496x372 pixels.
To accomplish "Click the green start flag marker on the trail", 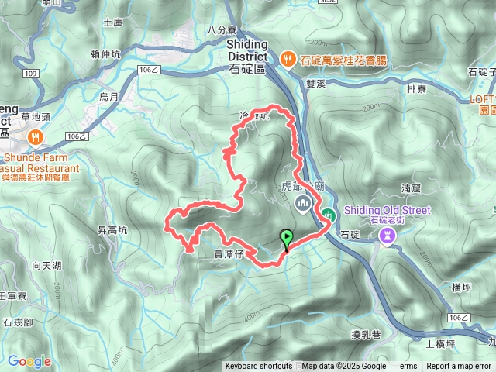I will pos(288,239).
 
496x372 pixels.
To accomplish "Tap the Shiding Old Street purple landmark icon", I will pos(385,236).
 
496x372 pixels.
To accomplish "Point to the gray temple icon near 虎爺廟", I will pos(302,204).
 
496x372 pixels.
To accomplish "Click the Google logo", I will pos(29,361).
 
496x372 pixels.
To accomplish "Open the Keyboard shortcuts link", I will pos(259,367).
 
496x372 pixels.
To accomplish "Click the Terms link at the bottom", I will pos(406,367).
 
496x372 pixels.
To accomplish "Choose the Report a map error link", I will pos(459,367).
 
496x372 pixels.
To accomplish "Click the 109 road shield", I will pos(30,74).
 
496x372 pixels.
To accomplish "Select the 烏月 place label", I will pos(108,97).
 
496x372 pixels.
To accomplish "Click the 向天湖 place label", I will pos(46,265).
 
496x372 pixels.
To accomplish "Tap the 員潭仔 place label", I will pos(228,253).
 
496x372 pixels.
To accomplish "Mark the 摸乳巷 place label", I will pos(365,334).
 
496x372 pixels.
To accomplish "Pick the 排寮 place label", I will pos(417,88).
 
